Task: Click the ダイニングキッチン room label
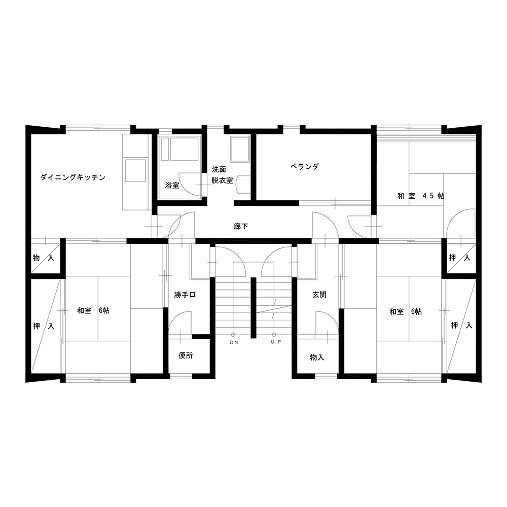coord(73,177)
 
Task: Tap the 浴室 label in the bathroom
coord(172,186)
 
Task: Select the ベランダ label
coord(304,167)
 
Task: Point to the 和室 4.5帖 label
coord(421,196)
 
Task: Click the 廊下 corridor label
coord(241,226)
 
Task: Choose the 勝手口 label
coord(185,295)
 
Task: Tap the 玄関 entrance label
coord(319,295)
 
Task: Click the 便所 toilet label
coord(186,356)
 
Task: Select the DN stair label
coord(234,343)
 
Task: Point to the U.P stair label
coord(276,342)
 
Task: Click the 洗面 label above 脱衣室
coord(219,170)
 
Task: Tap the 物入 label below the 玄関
coord(317,357)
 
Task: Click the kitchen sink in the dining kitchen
coord(135,170)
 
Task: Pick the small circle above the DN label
coord(233,335)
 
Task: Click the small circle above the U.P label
coord(274,335)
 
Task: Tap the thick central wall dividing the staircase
coord(253,308)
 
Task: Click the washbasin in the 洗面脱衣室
coord(243,185)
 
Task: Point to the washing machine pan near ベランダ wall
coord(240,149)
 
